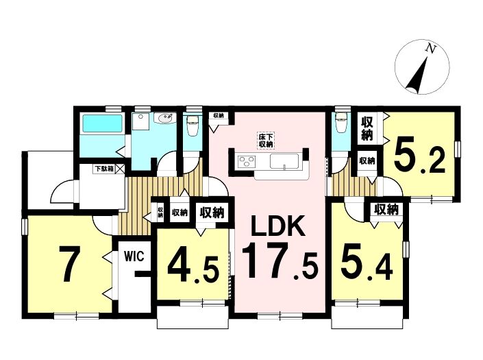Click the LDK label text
pyautogui.click(x=278, y=226)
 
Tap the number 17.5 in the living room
pyautogui.click(x=280, y=261)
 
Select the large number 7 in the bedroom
pyautogui.click(x=69, y=264)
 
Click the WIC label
pyautogui.click(x=134, y=256)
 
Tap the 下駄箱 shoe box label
pyautogui.click(x=104, y=169)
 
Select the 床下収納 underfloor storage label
pyautogui.click(x=266, y=141)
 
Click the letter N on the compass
pyautogui.click(x=431, y=49)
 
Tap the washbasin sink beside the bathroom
pyautogui.click(x=165, y=118)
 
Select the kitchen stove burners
pyautogui.click(x=247, y=160)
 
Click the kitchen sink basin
pyautogui.click(x=284, y=161)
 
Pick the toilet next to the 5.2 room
pyautogui.click(x=341, y=123)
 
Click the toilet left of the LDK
pyautogui.click(x=193, y=125)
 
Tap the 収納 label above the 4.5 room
pyautogui.click(x=212, y=213)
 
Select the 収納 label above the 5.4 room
pyautogui.click(x=386, y=210)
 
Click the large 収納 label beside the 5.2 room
pyautogui.click(x=367, y=128)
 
